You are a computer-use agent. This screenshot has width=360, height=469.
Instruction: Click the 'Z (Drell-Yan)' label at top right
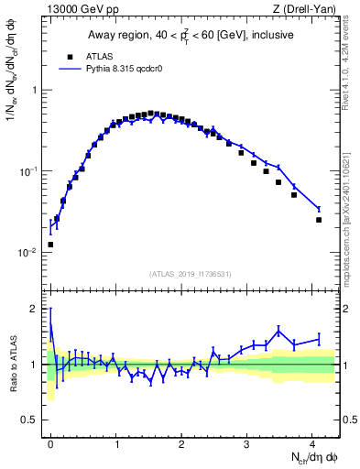tap(306, 10)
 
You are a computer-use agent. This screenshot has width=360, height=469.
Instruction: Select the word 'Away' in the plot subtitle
tap(103, 35)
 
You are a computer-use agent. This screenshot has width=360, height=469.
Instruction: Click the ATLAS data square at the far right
tap(319, 220)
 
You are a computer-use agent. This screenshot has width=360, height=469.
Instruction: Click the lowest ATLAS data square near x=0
tap(50, 245)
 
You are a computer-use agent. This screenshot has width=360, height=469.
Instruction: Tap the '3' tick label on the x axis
tap(246, 444)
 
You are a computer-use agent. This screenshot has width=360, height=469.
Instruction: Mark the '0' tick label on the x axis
tap(50, 444)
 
